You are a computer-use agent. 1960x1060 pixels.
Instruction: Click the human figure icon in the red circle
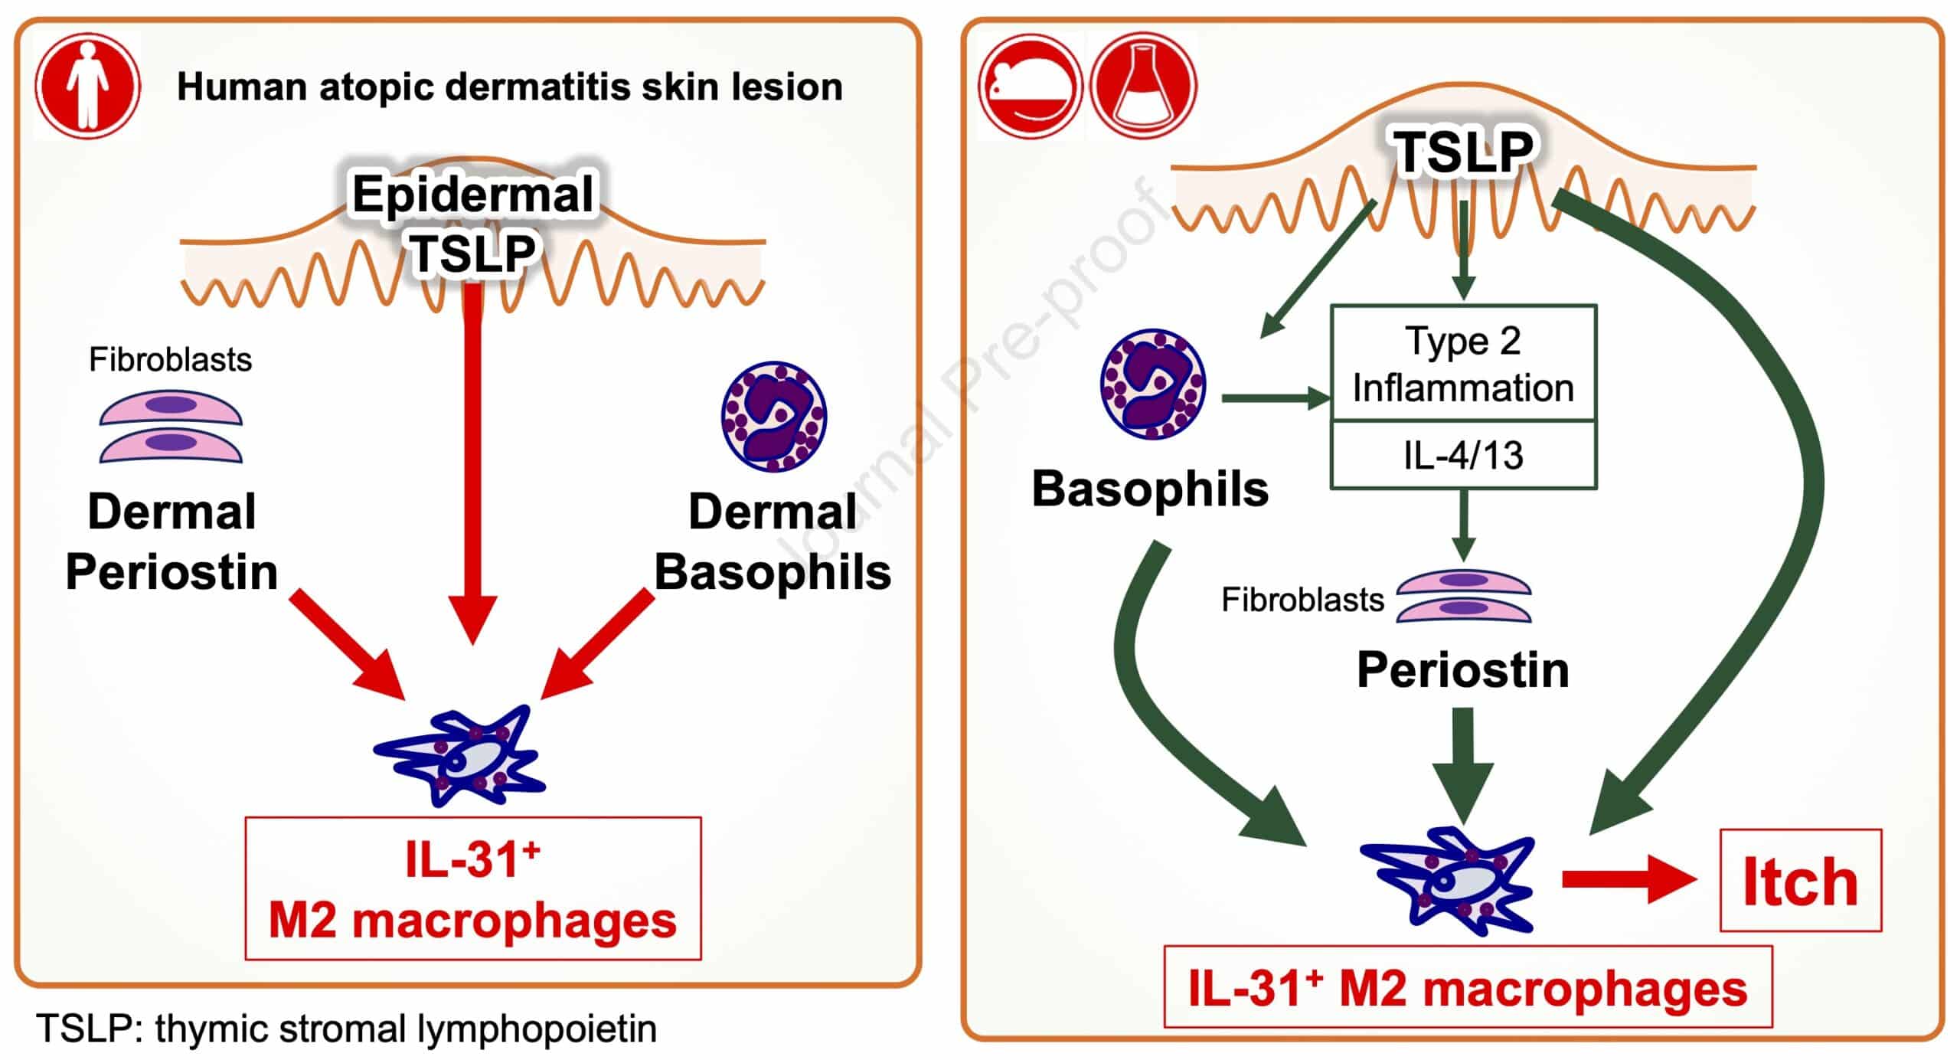88,85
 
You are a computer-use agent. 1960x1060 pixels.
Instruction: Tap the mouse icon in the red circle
1031,86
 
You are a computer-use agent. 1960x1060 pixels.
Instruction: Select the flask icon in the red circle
1143,86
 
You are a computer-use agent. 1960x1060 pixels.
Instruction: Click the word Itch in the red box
1800,882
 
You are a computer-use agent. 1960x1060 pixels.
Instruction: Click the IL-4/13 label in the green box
1463,455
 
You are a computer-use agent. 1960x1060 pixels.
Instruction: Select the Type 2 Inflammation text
1463,364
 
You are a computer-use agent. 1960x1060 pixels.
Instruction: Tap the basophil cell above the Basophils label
1153,384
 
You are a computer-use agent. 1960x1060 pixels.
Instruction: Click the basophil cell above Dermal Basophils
774,417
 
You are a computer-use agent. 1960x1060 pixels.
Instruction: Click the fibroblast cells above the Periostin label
1463,594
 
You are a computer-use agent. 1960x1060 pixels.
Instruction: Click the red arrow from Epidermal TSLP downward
474,460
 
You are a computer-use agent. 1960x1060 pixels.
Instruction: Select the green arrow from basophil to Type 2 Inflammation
1275,398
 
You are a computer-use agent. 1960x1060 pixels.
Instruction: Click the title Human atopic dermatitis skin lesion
510,87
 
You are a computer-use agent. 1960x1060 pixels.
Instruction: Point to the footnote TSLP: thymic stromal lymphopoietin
346,1029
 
